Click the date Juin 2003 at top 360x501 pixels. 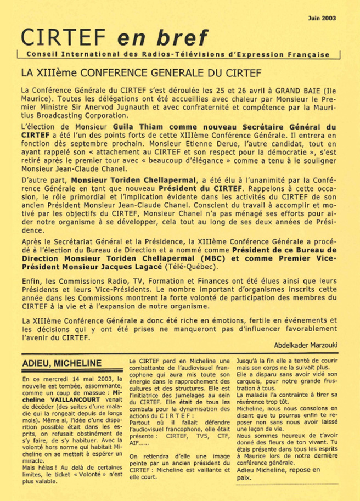[322, 18]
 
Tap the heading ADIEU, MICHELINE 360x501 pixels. [62, 363]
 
